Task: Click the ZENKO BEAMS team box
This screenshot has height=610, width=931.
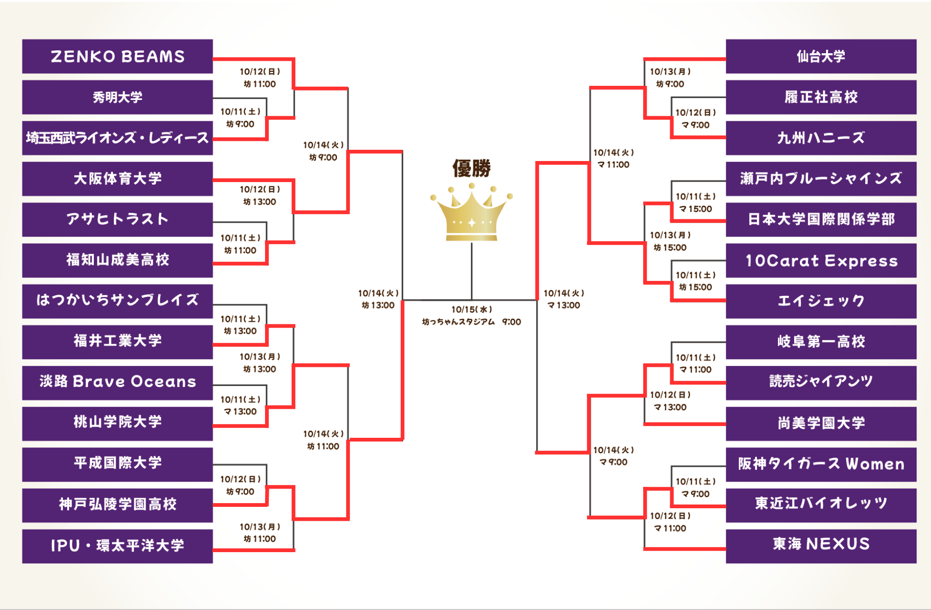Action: (118, 56)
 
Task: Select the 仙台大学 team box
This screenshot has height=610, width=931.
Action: (821, 56)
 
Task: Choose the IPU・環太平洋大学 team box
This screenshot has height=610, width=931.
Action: (118, 546)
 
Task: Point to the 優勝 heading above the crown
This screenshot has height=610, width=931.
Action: (471, 168)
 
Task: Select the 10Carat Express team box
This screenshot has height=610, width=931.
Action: (821, 260)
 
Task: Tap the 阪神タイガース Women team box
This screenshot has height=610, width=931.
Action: (821, 464)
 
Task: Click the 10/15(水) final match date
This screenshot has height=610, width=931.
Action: (471, 309)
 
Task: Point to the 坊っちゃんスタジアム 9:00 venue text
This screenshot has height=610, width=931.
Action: (471, 322)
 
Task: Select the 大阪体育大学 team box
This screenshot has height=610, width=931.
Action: (118, 179)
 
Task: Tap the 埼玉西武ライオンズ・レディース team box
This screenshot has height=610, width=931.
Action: (118, 138)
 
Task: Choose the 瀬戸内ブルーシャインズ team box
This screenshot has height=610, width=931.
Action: (821, 179)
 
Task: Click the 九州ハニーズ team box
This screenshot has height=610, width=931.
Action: (821, 138)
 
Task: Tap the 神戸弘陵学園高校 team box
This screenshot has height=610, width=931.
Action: (118, 505)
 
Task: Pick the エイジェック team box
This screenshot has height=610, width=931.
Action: (821, 301)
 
